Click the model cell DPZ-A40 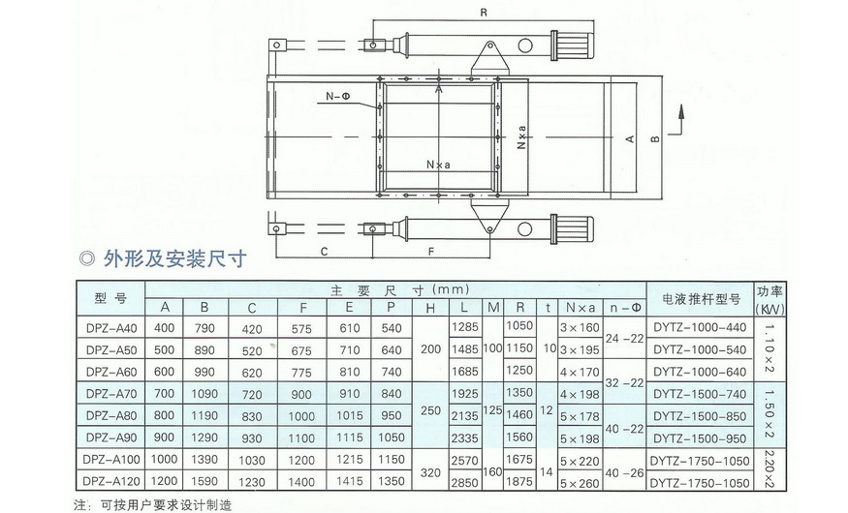tap(110, 329)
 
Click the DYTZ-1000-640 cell tap(699, 372)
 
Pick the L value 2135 tap(466, 414)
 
